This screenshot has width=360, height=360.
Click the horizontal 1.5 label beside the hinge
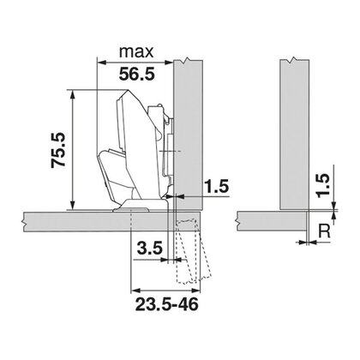pyautogui.click(x=216, y=184)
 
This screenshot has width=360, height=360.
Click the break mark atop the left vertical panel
pyautogui.click(x=187, y=60)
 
